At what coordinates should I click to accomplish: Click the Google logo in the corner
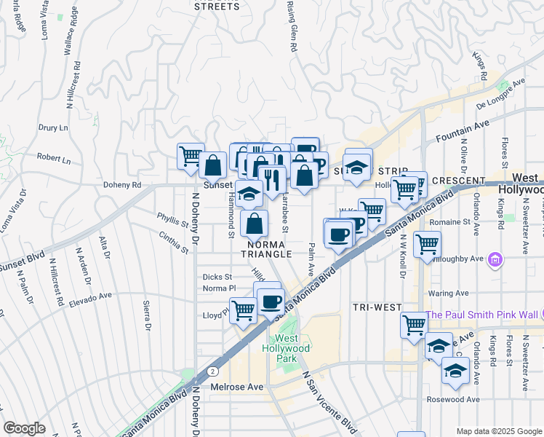coord(24,428)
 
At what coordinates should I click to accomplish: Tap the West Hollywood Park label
coord(291,348)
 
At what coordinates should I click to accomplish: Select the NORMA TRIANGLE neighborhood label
coord(269,248)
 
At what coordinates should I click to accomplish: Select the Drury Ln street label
coord(52,127)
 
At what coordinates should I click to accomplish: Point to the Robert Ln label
coord(54,158)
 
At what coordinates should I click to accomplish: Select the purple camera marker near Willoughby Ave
coord(496,259)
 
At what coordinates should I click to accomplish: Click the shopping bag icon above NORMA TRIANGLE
coord(254,223)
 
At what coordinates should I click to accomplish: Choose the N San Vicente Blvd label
coord(328,401)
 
